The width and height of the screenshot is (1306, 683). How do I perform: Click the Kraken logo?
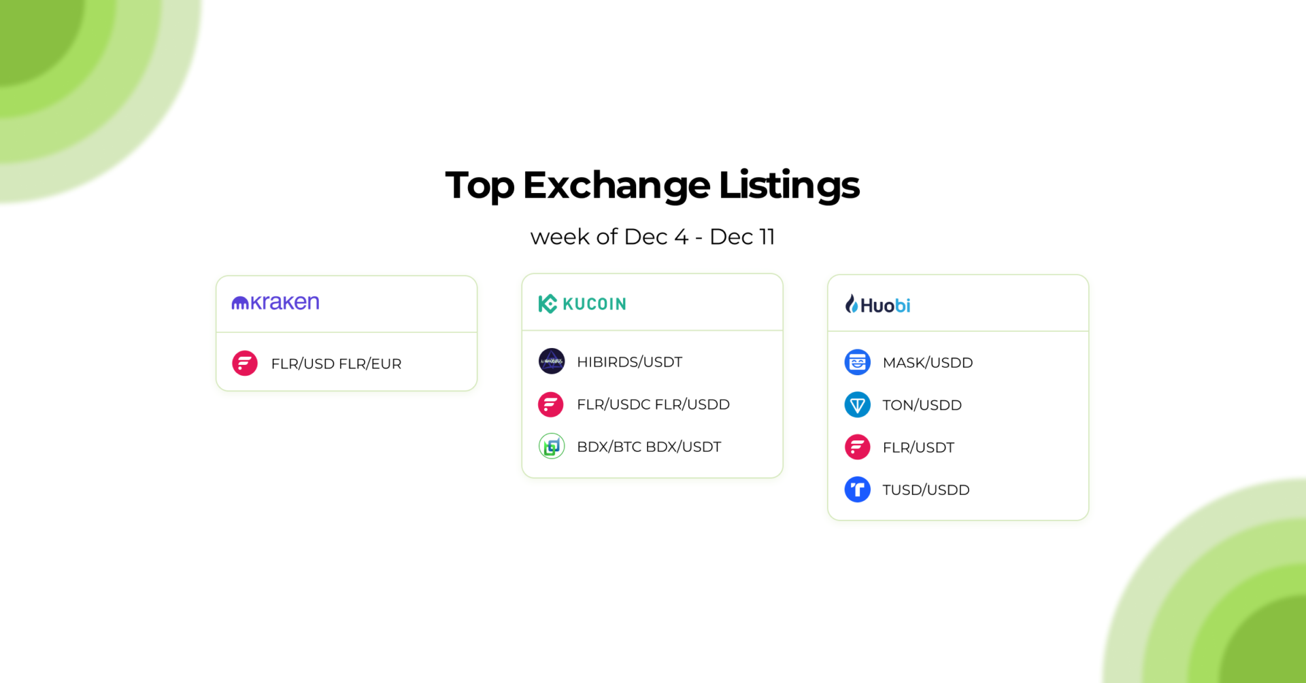(275, 302)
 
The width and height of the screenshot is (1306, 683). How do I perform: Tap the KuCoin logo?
(582, 304)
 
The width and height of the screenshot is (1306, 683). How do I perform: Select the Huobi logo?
(877, 304)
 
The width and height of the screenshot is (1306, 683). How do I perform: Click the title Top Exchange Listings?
(652, 185)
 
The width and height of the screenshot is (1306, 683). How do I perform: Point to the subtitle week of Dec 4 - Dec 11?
(652, 237)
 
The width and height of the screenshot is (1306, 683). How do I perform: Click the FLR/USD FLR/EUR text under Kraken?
(336, 364)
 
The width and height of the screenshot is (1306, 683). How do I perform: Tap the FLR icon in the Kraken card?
(245, 363)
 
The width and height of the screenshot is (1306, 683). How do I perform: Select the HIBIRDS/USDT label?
(629, 362)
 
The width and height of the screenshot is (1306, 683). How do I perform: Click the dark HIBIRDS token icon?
(552, 361)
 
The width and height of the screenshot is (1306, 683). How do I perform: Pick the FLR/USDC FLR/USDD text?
(653, 404)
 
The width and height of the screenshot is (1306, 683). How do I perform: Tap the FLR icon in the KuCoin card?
(551, 404)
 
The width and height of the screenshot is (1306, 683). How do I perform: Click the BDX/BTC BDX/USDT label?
(649, 446)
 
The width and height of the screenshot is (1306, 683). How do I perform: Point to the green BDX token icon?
(552, 446)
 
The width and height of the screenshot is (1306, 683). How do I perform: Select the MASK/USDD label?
(927, 362)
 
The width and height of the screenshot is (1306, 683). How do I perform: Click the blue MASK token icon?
(857, 362)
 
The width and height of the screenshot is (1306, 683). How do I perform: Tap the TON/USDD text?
(922, 405)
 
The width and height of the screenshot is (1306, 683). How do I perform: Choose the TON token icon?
(857, 405)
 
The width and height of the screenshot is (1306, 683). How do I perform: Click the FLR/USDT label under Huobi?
(918, 447)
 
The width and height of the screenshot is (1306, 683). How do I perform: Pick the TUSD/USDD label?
(926, 490)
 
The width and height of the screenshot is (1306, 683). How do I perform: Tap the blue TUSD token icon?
(857, 489)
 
